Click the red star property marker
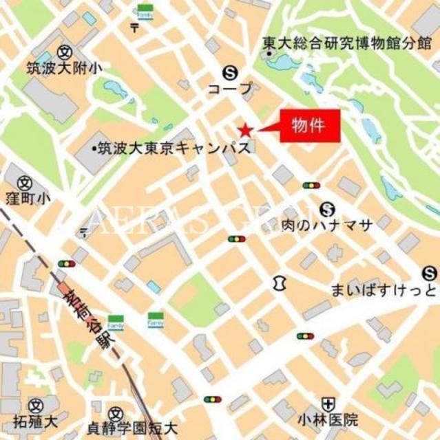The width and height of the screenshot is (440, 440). [x=245, y=129]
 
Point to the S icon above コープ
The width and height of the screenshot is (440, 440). [x=231, y=71]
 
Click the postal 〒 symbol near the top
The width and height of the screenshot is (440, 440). [x=134, y=27]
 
